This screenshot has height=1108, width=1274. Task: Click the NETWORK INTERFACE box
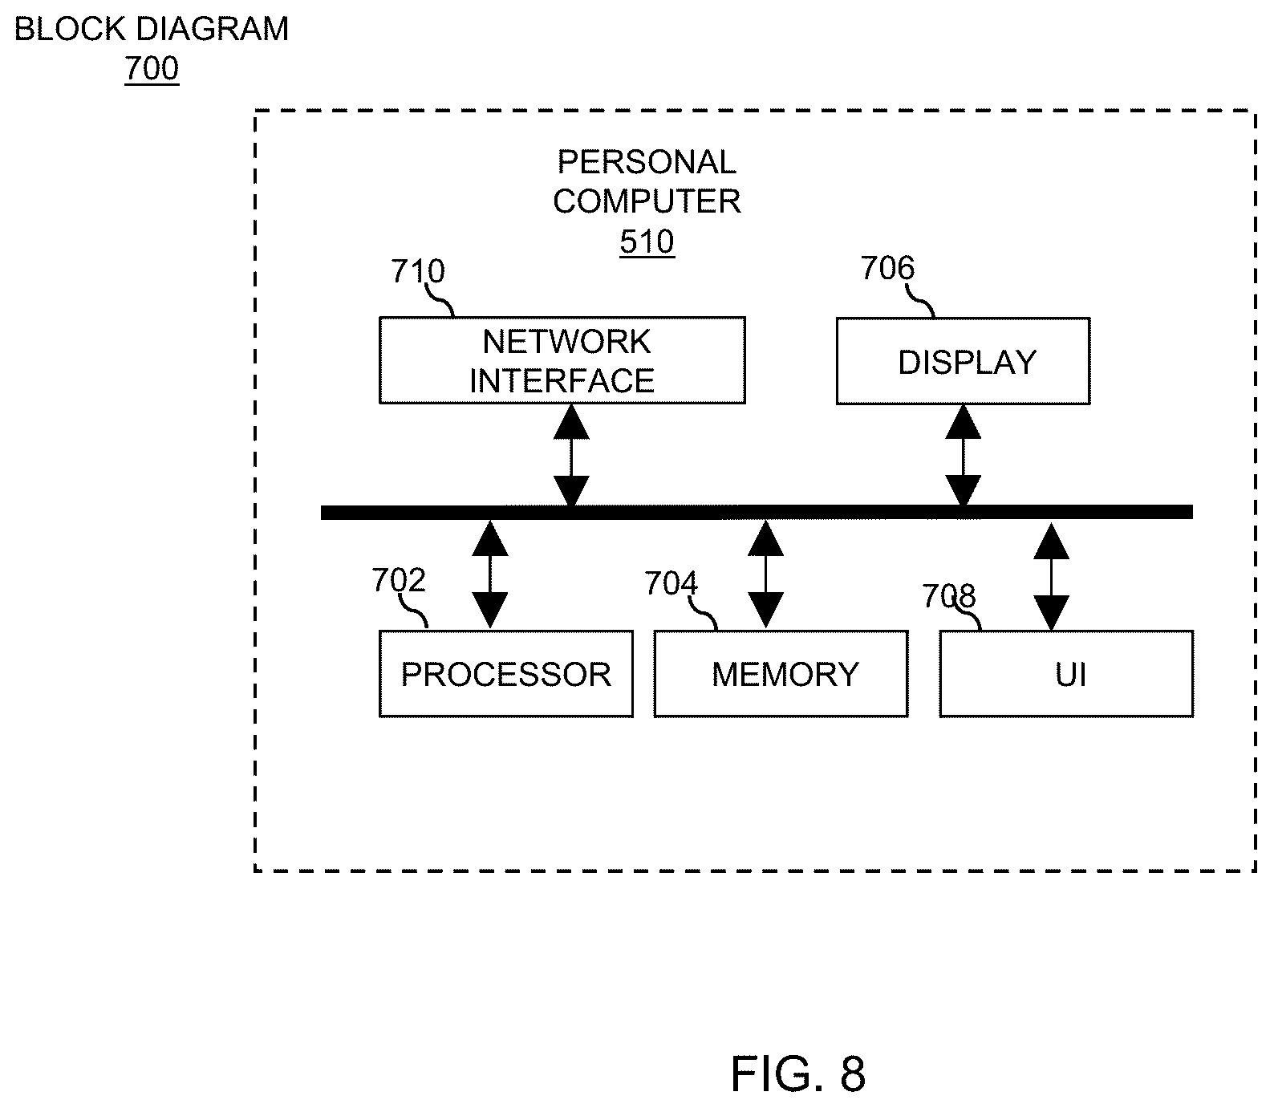click(562, 360)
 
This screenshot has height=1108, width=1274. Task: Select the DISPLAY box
click(963, 361)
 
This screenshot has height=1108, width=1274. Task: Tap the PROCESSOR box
click(505, 674)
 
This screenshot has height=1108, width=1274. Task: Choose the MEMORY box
click(781, 674)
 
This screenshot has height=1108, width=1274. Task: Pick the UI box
click(1066, 674)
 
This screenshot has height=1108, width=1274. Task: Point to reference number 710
click(417, 272)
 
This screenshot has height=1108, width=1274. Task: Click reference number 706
click(887, 269)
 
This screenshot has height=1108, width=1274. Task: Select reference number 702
click(399, 580)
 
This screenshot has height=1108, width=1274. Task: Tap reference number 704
click(671, 584)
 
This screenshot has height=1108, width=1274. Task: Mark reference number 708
click(948, 597)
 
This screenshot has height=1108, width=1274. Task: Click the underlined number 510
click(647, 242)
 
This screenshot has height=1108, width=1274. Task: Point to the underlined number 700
click(152, 69)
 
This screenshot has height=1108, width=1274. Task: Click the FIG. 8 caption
click(798, 1074)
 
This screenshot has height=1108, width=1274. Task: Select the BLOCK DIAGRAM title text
click(152, 29)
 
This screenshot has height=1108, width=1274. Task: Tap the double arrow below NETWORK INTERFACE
click(571, 455)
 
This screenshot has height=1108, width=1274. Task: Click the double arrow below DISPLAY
click(963, 455)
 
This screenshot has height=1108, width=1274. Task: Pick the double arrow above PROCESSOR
click(489, 574)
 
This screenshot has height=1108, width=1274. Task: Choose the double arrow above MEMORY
click(765, 574)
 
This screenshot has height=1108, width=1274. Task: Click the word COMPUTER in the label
click(647, 201)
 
